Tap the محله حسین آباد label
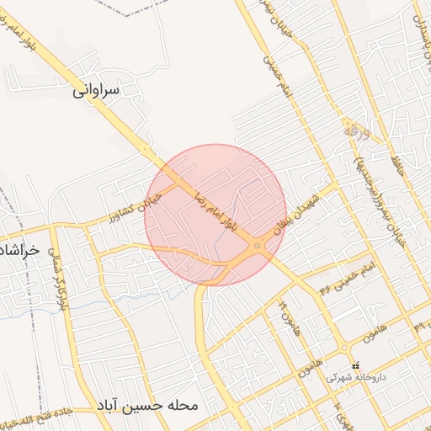(148, 404)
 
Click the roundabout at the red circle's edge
(258, 247)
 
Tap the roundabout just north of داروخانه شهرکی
(344, 347)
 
